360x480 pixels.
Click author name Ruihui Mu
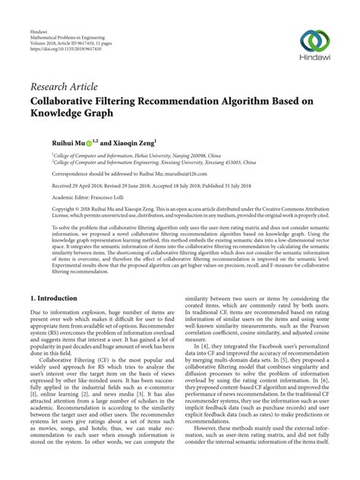click(x=68, y=141)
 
